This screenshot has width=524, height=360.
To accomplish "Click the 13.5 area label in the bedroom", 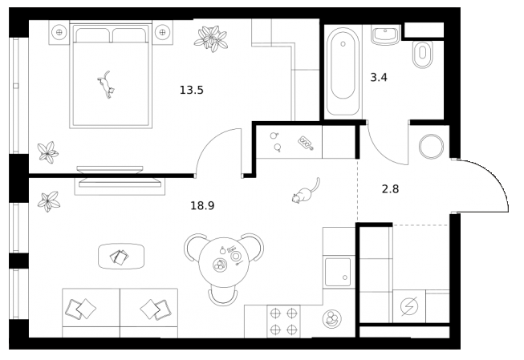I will (192, 90).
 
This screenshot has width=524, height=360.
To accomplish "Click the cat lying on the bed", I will (105, 83).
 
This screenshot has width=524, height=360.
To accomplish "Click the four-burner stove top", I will (283, 321).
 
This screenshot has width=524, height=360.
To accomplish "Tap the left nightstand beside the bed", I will (59, 33).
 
